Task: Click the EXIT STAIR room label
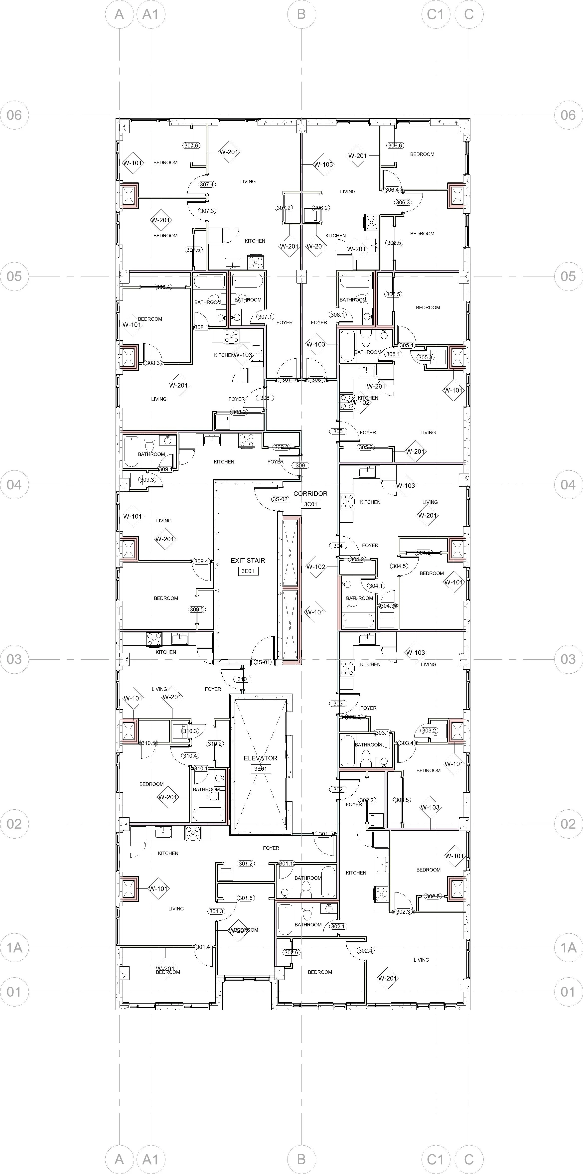(x=248, y=561)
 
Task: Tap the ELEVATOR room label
(x=260, y=758)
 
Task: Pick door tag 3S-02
(x=280, y=499)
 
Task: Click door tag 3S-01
(x=263, y=662)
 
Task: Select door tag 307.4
(x=207, y=185)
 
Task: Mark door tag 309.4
(x=201, y=562)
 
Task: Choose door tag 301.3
(x=216, y=911)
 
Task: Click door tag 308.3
(x=153, y=363)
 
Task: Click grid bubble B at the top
(x=301, y=14)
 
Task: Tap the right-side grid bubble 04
(x=568, y=484)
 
